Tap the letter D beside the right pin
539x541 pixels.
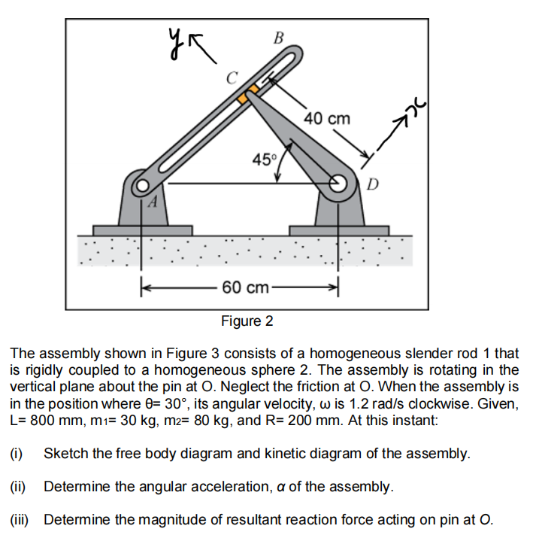click(374, 184)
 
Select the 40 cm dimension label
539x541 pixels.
click(327, 119)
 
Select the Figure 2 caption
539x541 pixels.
click(247, 321)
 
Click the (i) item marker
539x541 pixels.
click(16, 454)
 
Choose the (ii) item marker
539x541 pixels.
click(17, 486)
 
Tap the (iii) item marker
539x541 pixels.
click(19, 518)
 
